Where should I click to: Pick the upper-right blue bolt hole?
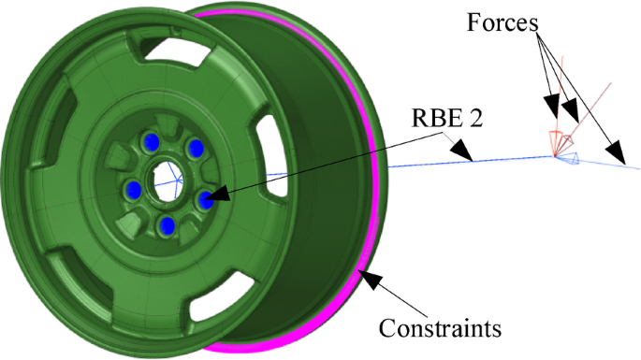[x=196, y=148]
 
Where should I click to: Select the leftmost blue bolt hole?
[x=134, y=190]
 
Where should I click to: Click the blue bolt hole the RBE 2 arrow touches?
[x=205, y=197]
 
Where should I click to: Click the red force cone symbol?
[x=560, y=142]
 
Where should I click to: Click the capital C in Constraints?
[x=386, y=329]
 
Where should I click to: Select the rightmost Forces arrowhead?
[x=616, y=151]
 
